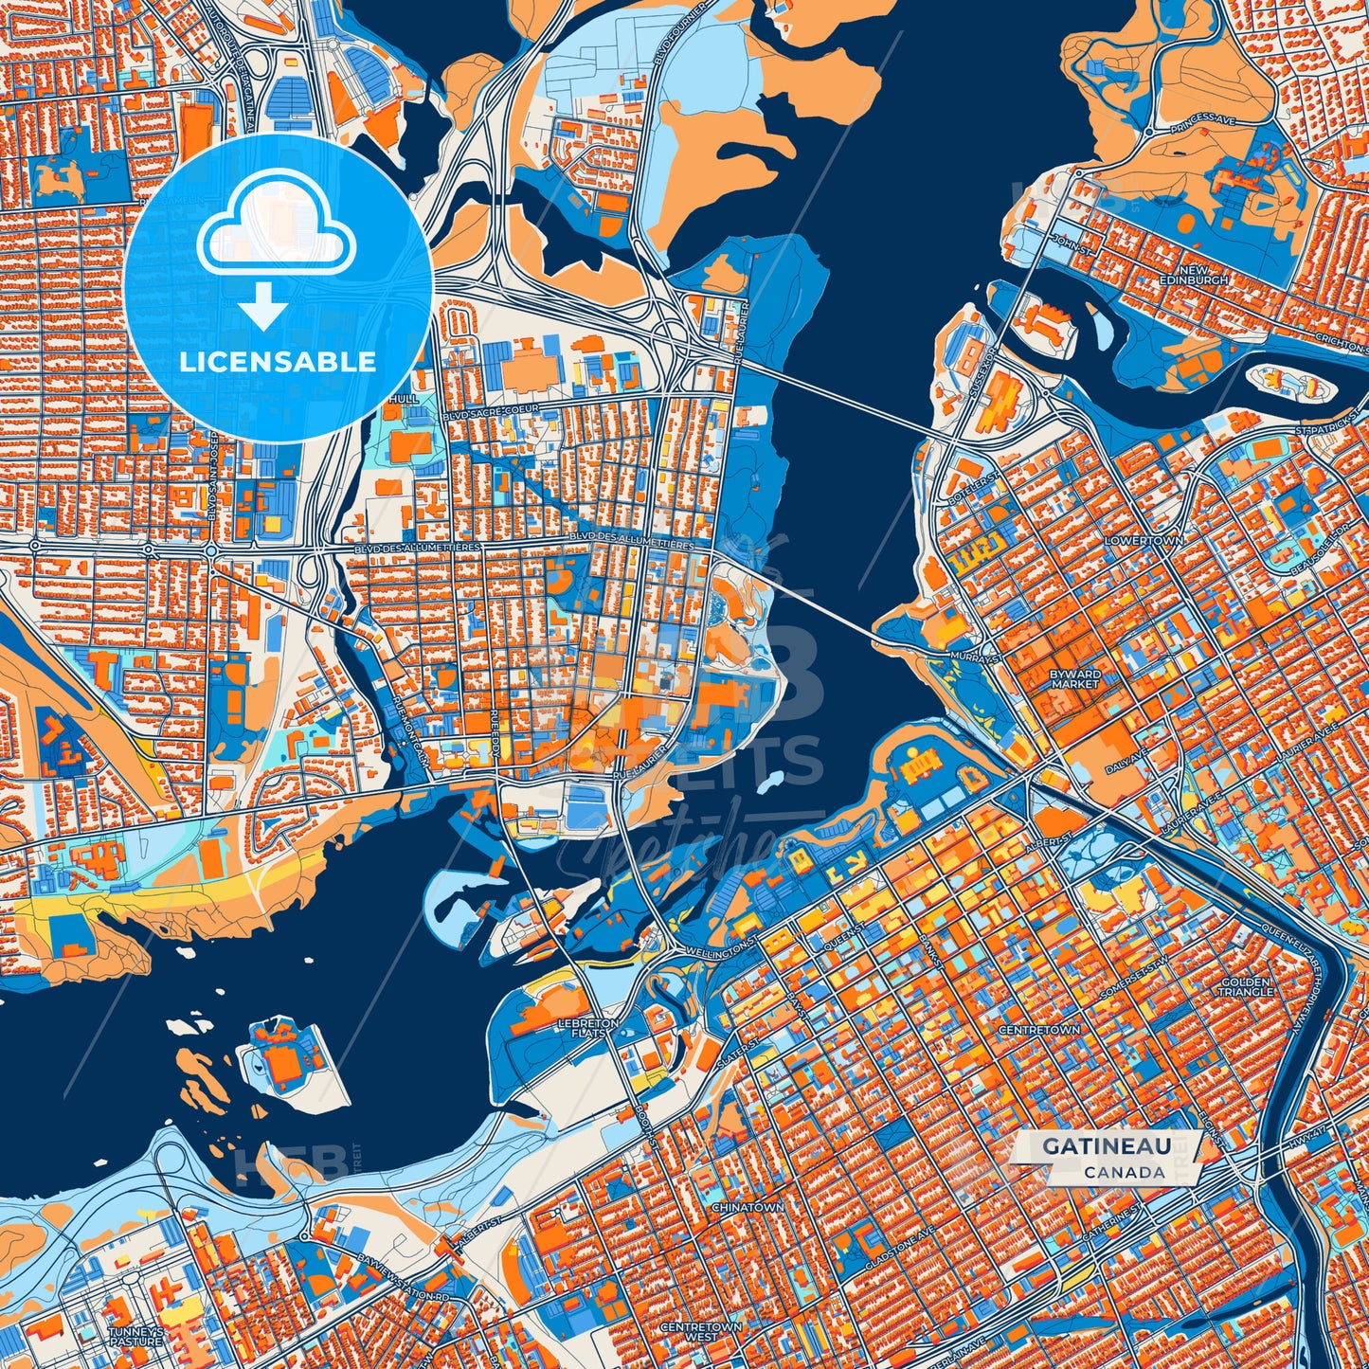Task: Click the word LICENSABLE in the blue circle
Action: (279, 362)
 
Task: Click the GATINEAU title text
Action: (1106, 1146)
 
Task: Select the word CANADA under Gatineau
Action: (1125, 1172)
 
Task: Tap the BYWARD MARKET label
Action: (1075, 678)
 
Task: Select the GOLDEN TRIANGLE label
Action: (1246, 986)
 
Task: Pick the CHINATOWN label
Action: (748, 1208)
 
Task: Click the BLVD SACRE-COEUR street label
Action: (491, 408)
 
